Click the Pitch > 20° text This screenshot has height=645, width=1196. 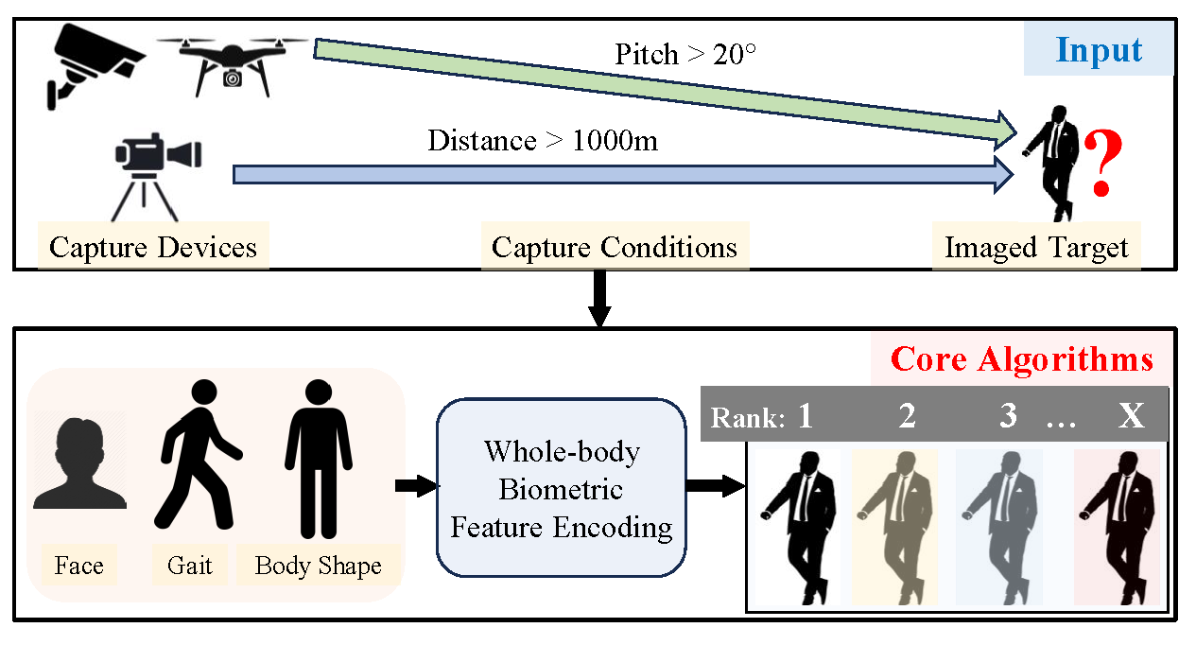pyautogui.click(x=685, y=54)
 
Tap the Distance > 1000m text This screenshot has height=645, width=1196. pyautogui.click(x=542, y=141)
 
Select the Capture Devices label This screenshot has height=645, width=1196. pyautogui.click(x=153, y=248)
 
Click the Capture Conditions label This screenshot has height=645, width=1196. pyautogui.click(x=615, y=248)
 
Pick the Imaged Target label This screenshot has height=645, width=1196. pyautogui.click(x=1036, y=248)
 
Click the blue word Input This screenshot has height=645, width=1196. pyautogui.click(x=1099, y=50)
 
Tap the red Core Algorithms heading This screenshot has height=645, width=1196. pyautogui.click(x=1022, y=359)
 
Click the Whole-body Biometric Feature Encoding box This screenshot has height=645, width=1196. pyautogui.click(x=561, y=489)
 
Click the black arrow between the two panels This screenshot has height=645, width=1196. pyautogui.click(x=598, y=301)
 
